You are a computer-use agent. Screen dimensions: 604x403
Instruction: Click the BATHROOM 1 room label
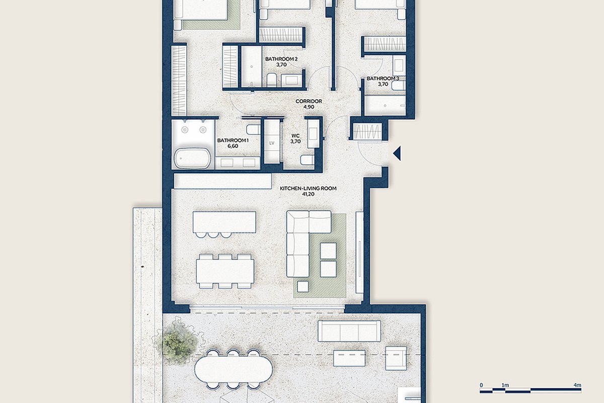(x=233, y=141)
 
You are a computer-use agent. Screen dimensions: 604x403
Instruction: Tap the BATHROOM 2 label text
(x=281, y=59)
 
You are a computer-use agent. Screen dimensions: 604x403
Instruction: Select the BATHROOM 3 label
(x=383, y=79)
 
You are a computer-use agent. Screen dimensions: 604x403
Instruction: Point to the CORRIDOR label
(x=309, y=101)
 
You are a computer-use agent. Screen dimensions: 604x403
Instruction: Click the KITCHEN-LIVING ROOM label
(x=308, y=188)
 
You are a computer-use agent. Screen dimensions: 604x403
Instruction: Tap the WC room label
(x=295, y=136)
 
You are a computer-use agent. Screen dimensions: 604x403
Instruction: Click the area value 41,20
(x=308, y=194)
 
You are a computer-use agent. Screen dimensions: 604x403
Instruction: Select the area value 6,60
(x=233, y=146)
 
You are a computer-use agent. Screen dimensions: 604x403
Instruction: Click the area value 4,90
(x=309, y=107)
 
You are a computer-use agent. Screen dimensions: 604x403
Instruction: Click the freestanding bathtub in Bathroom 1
(x=192, y=158)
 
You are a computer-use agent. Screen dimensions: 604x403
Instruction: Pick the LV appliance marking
(x=271, y=143)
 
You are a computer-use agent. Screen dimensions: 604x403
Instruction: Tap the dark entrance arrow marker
(x=397, y=153)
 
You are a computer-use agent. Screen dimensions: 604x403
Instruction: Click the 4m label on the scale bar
(x=578, y=385)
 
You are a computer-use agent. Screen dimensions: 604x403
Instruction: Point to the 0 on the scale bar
(x=481, y=385)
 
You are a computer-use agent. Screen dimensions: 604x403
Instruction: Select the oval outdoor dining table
(x=234, y=370)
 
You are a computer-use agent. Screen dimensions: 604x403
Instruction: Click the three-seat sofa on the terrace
(x=349, y=331)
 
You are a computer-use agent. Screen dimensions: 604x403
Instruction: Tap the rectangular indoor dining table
(x=225, y=271)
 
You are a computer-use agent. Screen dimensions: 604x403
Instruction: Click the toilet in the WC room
(x=308, y=160)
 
